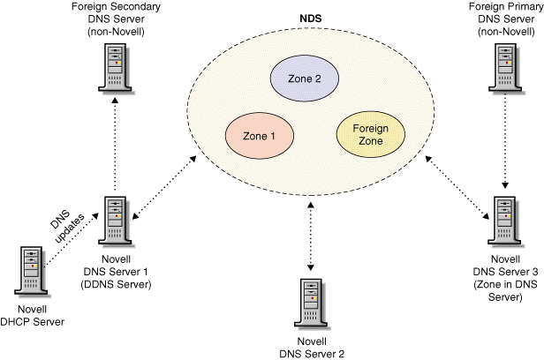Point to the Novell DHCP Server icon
click(29, 270)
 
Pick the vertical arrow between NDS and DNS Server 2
click(310, 236)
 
